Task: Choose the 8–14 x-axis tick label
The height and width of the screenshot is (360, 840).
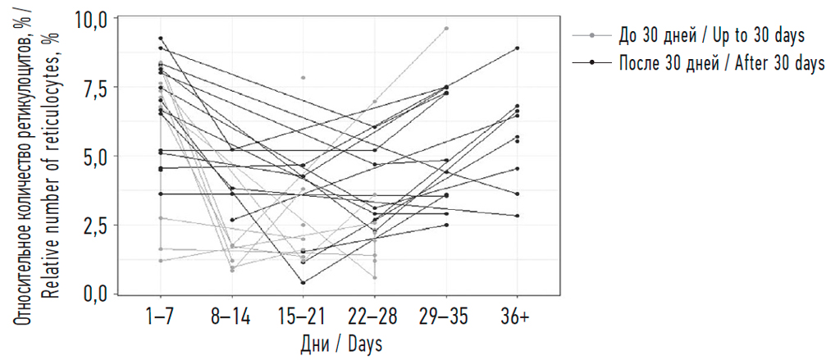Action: click(x=231, y=317)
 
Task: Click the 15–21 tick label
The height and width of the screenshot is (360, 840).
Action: click(x=303, y=317)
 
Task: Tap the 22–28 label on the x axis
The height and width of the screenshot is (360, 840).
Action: click(x=374, y=317)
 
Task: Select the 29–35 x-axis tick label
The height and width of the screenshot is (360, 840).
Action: click(x=445, y=317)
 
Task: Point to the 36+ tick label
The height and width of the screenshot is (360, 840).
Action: click(x=517, y=317)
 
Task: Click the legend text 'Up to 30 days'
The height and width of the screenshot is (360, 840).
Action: click(x=753, y=36)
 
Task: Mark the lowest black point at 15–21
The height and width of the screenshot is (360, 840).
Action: click(x=304, y=283)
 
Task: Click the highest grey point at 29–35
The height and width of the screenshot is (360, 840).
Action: click(x=446, y=28)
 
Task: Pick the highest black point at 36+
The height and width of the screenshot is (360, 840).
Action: click(x=518, y=48)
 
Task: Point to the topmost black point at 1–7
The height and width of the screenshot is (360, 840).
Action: click(x=161, y=38)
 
